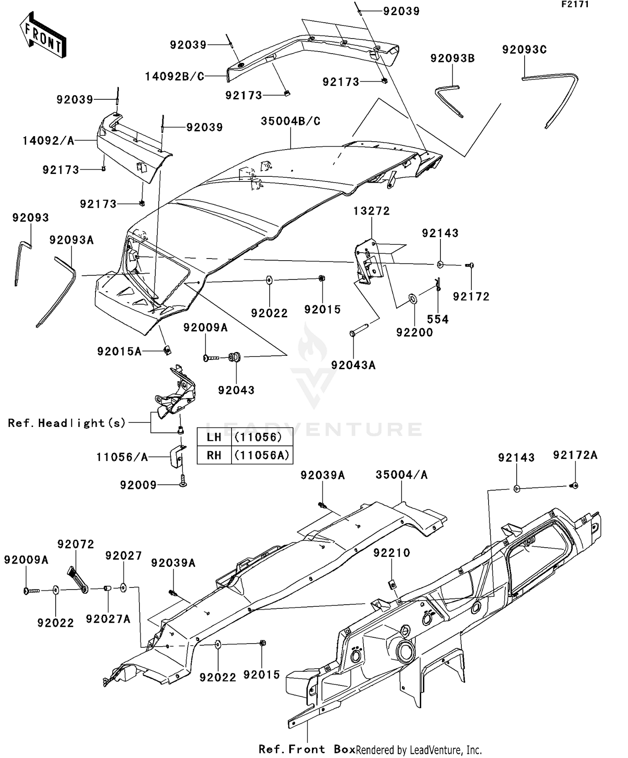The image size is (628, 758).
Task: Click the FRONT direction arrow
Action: [x=43, y=35]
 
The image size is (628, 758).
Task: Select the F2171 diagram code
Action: [x=575, y=5]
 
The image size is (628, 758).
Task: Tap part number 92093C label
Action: [x=524, y=50]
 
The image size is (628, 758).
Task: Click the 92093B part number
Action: [x=453, y=59]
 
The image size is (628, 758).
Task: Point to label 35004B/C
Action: [x=290, y=122]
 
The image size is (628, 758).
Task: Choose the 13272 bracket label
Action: [x=371, y=211]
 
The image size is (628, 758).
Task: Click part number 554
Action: [x=438, y=320]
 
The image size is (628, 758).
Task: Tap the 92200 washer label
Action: [x=414, y=333]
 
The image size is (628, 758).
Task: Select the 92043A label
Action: [x=353, y=365]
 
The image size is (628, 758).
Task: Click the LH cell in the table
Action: [x=214, y=437]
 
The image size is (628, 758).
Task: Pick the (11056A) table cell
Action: [x=262, y=455]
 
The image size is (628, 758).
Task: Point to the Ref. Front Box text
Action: [x=306, y=749]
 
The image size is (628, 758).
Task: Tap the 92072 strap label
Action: [x=76, y=544]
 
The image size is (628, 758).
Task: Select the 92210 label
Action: [x=391, y=553]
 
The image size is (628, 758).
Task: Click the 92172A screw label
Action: [x=575, y=455]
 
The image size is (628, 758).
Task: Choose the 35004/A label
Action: [x=402, y=475]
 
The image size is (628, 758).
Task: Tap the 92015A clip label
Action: [x=119, y=352]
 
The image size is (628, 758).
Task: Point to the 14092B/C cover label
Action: [x=175, y=77]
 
